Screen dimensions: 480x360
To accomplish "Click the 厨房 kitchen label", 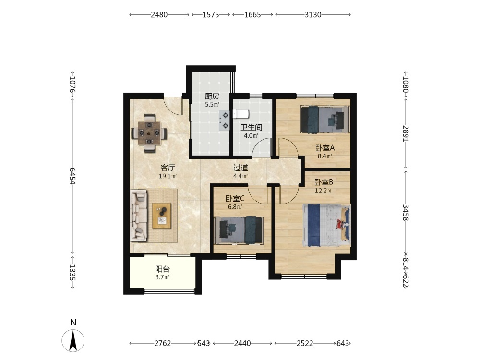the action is (x=212, y=96).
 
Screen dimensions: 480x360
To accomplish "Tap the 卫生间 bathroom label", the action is (x=251, y=127).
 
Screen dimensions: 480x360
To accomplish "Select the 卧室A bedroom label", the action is (x=325, y=148).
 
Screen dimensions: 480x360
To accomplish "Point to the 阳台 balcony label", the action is (x=162, y=269).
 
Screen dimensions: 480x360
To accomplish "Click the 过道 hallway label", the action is (x=240, y=168).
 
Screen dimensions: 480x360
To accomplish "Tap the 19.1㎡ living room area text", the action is (x=168, y=176).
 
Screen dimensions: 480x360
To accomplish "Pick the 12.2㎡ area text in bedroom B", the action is (x=324, y=191).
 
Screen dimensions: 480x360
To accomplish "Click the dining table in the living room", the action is (x=149, y=133).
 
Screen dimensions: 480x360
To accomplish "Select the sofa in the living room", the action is (x=139, y=216).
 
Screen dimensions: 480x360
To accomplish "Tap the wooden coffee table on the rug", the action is (x=162, y=216).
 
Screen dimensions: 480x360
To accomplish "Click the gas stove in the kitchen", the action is (x=224, y=120).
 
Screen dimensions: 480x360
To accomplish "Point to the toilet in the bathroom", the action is (x=241, y=114).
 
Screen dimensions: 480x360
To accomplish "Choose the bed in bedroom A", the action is (x=325, y=120).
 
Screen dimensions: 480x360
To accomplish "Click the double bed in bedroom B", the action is (x=326, y=225).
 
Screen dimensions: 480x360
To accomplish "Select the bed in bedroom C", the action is (x=239, y=230).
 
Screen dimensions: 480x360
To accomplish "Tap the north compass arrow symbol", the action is (x=73, y=340).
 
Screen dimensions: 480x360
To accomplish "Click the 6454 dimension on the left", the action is (x=72, y=176).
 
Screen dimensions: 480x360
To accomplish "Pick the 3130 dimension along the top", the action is (x=313, y=15).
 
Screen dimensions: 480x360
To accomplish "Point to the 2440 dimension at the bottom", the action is (x=242, y=344).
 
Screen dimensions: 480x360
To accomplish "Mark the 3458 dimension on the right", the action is (x=405, y=212).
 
